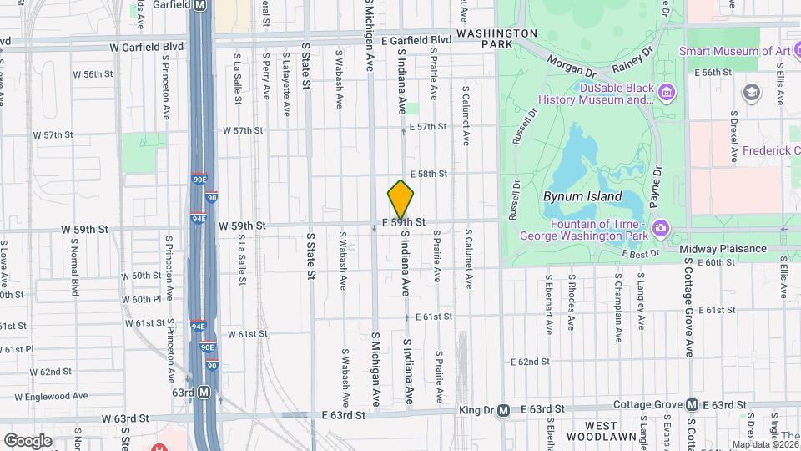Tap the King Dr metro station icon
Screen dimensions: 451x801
503,410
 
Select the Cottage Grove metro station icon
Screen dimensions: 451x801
692,405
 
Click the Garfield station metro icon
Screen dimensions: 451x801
199,5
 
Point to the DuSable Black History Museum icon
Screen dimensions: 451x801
667,91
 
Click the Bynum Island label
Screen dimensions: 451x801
582,197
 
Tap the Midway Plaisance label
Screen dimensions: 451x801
723,249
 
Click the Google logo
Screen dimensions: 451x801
28,439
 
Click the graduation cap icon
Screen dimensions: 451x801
753,91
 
